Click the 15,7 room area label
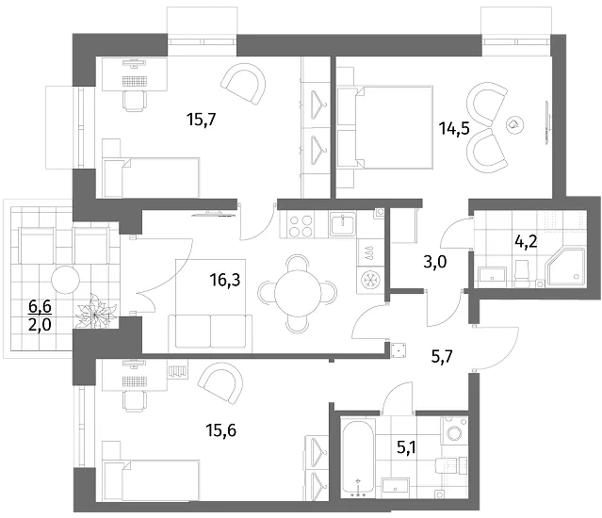[202, 120]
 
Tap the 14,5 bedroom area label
[455, 128]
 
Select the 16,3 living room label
[225, 280]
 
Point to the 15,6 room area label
[221, 430]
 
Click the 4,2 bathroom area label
[526, 242]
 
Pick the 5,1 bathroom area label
[406, 447]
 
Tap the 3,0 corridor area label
[434, 263]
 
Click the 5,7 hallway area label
[442, 357]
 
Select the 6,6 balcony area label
[40, 306]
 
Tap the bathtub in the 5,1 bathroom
[358, 458]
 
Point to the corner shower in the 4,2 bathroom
[565, 267]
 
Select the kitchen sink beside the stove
[343, 224]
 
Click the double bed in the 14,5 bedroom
[385, 127]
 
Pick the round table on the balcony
[65, 280]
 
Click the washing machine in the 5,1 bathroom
[455, 429]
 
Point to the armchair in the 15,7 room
[244, 84]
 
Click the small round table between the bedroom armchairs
[513, 124]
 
